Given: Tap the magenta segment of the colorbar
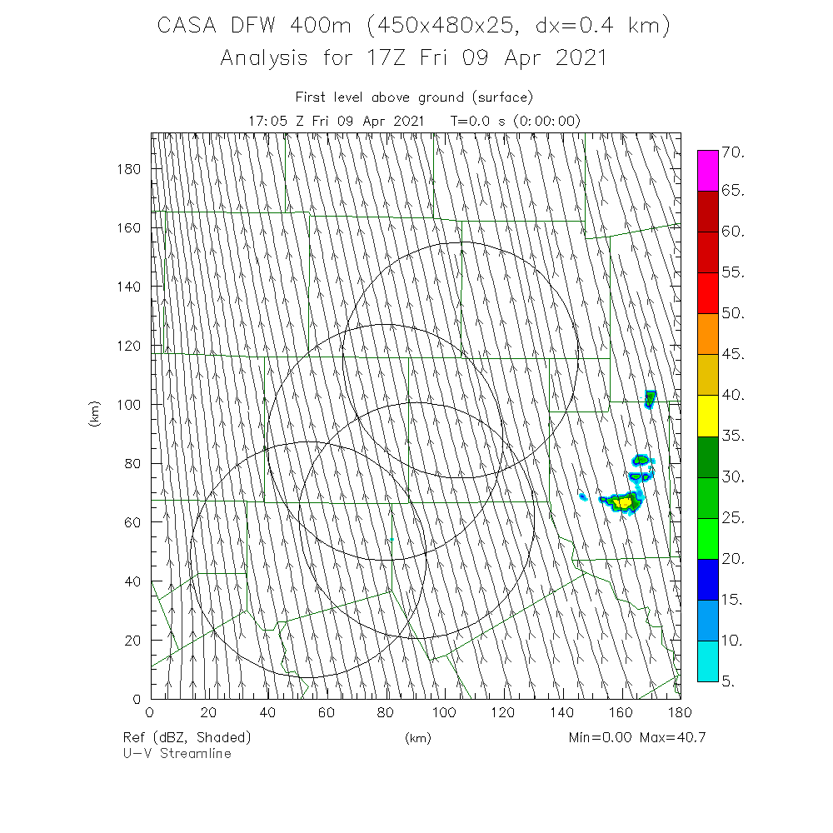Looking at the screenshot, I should pos(707,171).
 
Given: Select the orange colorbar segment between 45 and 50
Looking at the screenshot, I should pos(707,334).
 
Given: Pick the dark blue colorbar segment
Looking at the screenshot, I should pos(707,579).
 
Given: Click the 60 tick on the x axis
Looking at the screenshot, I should pos(327,713).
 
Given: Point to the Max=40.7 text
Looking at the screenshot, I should pos(672,737).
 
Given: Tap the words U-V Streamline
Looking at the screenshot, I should pos(177,753).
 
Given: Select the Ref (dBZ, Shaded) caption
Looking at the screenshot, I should pos(187,737).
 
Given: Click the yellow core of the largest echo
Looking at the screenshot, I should pos(624,502).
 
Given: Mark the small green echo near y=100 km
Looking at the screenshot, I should pos(650,398).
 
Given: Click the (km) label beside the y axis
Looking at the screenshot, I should pos(94,414).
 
